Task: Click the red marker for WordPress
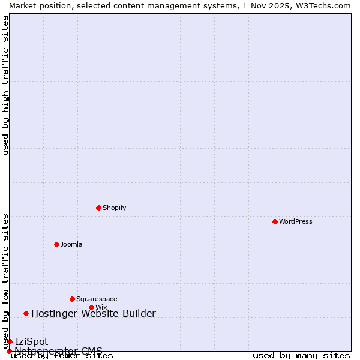275,221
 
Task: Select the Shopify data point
98,208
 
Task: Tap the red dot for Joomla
56,244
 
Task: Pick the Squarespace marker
72,299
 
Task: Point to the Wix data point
91,307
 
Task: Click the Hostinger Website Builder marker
26,313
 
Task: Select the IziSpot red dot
10,341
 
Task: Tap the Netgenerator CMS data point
9,351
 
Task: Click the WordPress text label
296,221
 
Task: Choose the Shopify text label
114,208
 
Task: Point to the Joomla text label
71,244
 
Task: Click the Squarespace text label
97,299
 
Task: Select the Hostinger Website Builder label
93,313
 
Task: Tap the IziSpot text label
31,341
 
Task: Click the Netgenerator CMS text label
58,351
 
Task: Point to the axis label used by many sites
301,356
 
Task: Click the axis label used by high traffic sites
5,85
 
